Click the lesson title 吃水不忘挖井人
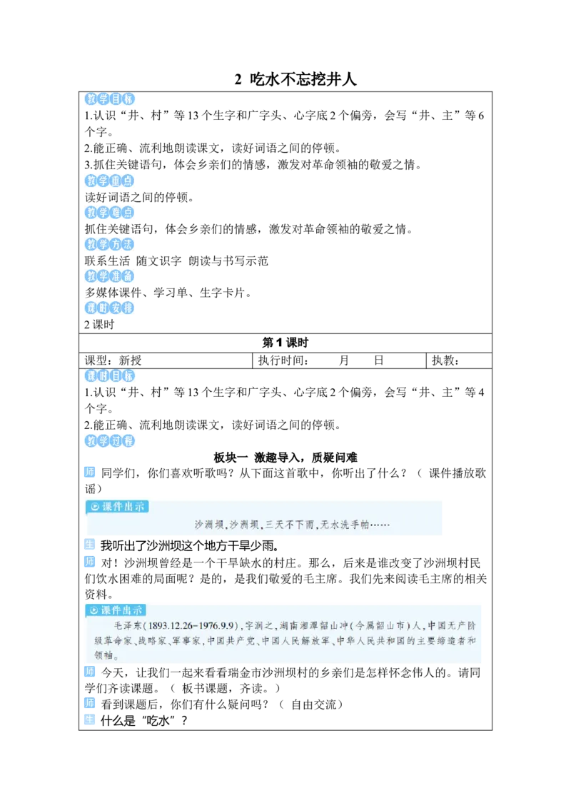click(303, 79)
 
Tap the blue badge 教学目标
click(109, 99)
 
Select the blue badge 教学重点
click(109, 181)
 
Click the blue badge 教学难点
click(109, 212)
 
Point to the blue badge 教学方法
click(109, 244)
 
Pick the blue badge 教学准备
click(109, 276)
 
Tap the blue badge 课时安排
click(109, 308)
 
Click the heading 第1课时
click(285, 343)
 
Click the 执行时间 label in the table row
click(283, 360)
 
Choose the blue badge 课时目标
click(109, 375)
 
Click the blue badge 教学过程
click(109, 440)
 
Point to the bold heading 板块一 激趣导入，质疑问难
click(285, 457)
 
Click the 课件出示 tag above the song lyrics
click(118, 507)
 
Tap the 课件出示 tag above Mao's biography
click(116, 610)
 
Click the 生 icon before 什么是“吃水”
click(90, 719)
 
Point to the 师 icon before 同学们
click(90, 472)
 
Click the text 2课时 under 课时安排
click(99, 325)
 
